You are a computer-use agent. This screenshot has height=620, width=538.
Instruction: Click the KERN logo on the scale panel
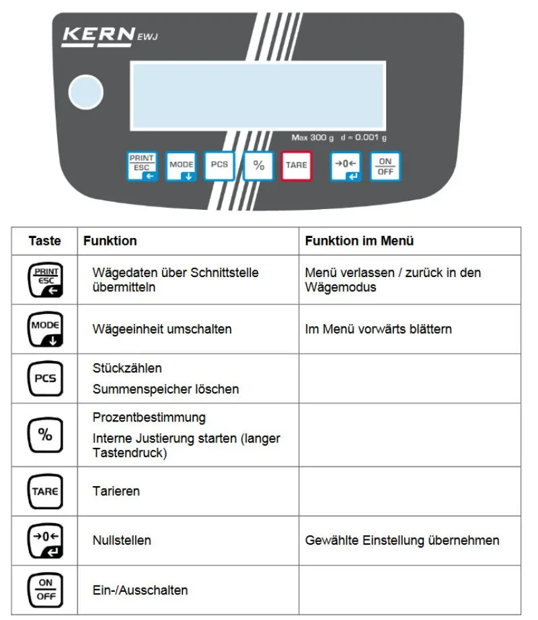click(98, 35)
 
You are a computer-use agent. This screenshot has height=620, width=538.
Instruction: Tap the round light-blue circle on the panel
click(85, 92)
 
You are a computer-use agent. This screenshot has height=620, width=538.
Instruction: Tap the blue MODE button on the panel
click(181, 165)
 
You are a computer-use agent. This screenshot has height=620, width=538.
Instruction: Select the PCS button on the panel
click(219, 165)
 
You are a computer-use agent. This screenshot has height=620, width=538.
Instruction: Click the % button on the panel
click(258, 165)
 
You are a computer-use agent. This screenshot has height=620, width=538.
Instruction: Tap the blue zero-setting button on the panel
click(346, 166)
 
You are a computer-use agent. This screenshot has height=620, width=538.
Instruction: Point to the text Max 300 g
click(312, 138)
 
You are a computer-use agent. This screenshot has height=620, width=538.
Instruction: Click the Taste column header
click(44, 241)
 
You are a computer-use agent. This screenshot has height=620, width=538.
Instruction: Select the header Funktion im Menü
click(359, 241)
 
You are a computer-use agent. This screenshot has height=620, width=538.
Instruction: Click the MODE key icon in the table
click(44, 329)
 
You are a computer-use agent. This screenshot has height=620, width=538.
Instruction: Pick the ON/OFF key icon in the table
click(44, 590)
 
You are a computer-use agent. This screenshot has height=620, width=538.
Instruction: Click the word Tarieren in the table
click(116, 491)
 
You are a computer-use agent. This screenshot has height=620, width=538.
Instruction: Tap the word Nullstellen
click(121, 540)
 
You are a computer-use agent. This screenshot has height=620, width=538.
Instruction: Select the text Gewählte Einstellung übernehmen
click(401, 540)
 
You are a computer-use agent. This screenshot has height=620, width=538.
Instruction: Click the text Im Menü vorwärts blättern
click(378, 329)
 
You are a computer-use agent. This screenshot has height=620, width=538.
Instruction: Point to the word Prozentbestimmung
click(149, 418)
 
